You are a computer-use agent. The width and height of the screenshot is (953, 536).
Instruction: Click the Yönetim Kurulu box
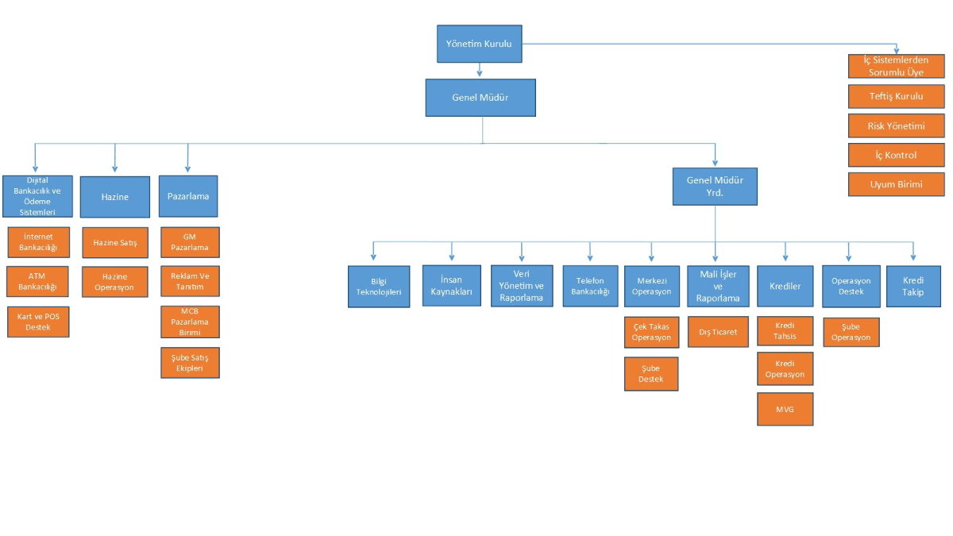480,44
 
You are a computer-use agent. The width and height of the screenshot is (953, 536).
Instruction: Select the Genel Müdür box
480,98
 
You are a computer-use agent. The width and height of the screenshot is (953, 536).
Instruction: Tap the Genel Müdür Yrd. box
715,187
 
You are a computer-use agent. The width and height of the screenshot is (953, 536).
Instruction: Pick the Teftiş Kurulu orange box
897,96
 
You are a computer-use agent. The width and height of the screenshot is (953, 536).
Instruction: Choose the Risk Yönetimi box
897,126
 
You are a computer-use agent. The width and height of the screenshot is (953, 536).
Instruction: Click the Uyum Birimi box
897,184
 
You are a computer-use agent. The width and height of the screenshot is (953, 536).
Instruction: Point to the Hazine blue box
115,197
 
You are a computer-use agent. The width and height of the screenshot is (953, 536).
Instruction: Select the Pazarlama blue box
188,196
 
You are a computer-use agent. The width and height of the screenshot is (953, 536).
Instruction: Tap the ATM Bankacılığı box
37,282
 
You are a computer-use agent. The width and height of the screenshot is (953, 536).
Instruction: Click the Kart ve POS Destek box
38,322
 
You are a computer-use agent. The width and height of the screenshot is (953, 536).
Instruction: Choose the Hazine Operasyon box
115,282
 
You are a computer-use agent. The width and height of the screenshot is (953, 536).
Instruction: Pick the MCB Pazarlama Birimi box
190,322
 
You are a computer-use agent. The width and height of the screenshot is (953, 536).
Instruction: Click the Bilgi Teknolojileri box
379,287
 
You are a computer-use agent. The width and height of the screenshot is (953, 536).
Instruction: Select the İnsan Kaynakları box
452,285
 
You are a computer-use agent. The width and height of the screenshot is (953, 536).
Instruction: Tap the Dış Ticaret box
718,332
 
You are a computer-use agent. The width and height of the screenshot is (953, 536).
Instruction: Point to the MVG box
785,409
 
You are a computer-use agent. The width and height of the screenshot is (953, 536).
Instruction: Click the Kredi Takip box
913,287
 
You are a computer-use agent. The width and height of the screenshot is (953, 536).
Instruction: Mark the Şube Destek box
651,374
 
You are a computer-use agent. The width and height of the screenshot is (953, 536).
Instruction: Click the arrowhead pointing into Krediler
785,257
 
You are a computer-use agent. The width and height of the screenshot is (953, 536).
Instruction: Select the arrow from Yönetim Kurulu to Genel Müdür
480,70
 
